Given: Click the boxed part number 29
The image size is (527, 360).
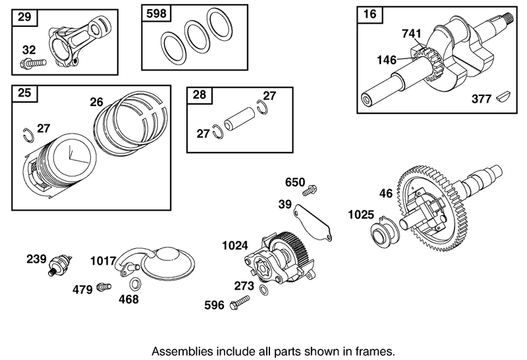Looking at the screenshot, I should coord(24,17).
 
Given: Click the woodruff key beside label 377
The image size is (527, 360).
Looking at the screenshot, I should coord(505,98).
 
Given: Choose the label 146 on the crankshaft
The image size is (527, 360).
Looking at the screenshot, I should coord(386,60).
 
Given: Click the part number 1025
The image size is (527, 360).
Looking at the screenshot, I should coord(361,214).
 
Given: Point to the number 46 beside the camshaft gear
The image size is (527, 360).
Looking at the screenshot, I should coord(387,193).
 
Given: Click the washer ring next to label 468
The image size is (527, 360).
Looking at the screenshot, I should coord(135,284).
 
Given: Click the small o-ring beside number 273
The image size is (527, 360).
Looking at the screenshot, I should coord(263,291).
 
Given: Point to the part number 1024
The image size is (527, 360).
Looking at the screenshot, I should coord(234,245).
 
